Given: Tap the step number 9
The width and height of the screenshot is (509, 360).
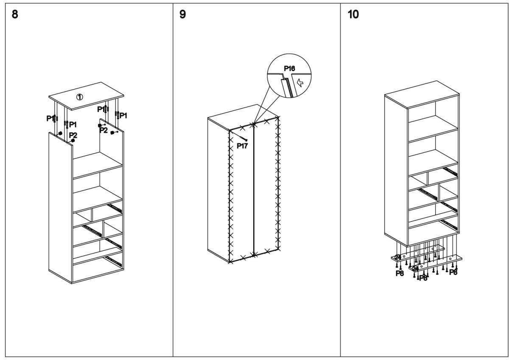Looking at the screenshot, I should (x=182, y=14).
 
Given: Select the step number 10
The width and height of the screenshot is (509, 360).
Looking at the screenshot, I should (x=352, y=14).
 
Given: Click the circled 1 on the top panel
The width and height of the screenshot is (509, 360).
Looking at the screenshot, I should (x=79, y=97).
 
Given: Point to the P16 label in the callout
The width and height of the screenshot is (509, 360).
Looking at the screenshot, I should (x=289, y=68).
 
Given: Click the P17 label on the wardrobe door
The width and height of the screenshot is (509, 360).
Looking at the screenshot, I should (x=242, y=146).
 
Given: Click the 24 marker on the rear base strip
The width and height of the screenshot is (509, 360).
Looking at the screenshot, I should (x=398, y=257).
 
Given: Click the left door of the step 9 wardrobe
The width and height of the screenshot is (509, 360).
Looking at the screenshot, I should (x=241, y=191).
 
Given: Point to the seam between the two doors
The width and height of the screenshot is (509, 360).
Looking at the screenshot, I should (x=254, y=191).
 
